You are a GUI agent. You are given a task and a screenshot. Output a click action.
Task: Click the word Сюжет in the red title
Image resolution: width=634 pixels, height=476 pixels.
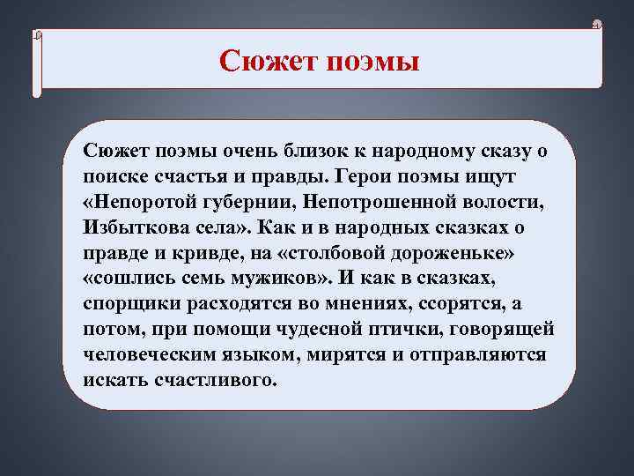click(267, 61)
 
